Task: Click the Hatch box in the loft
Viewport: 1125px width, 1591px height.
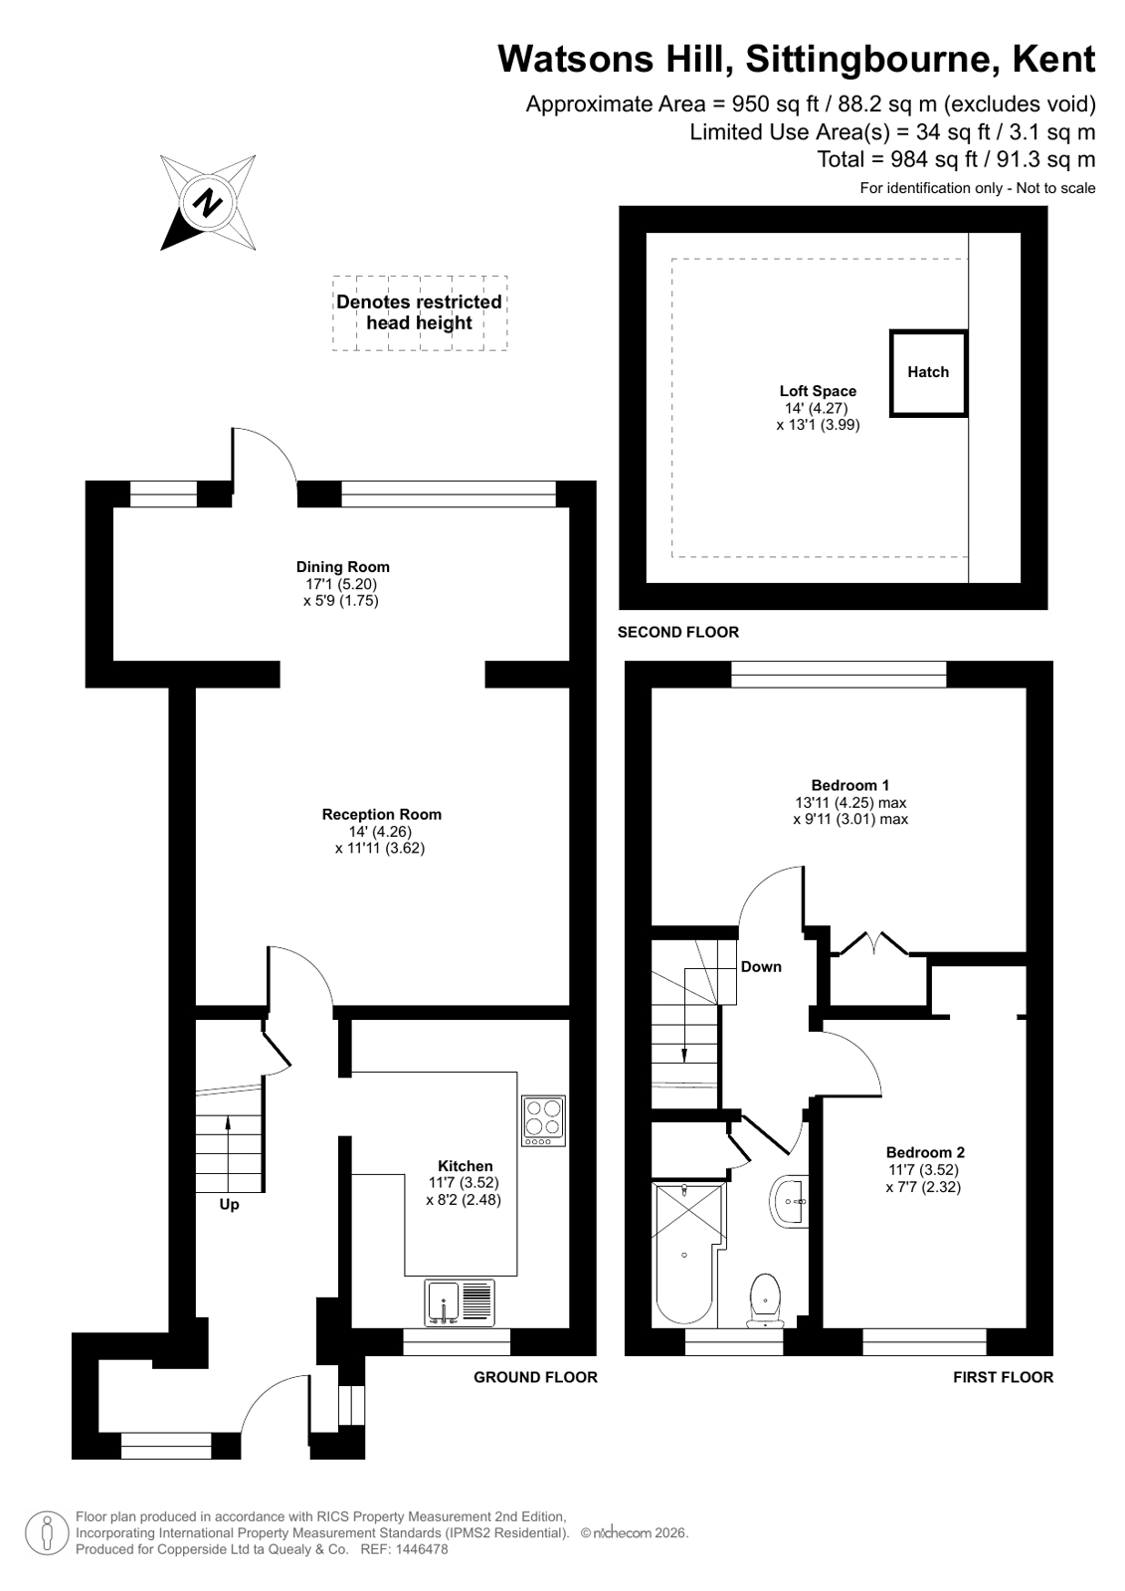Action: (x=928, y=373)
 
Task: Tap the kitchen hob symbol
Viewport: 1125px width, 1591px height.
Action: (x=543, y=1120)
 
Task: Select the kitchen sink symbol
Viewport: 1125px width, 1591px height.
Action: (x=460, y=1301)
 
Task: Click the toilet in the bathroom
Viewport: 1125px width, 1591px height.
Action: (x=765, y=1299)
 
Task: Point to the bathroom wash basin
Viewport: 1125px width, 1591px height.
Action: (x=789, y=1201)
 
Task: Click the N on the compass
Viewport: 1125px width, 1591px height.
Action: (x=207, y=202)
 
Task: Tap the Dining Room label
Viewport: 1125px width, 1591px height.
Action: (x=343, y=567)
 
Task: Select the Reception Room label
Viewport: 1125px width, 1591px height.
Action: (x=381, y=814)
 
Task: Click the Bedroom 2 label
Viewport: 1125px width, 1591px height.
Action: (x=925, y=1152)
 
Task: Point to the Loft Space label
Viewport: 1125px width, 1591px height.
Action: (x=818, y=391)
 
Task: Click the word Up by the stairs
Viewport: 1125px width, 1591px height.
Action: (x=229, y=1204)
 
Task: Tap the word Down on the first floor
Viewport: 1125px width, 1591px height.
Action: (x=761, y=967)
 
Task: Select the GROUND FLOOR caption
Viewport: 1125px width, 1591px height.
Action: (x=535, y=1377)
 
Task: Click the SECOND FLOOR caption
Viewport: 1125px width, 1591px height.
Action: (x=677, y=632)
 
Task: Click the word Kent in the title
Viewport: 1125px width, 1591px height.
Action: (x=1053, y=59)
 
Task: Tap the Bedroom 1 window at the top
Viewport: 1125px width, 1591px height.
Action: (x=839, y=674)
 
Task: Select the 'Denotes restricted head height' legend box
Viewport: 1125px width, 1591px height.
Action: (x=420, y=313)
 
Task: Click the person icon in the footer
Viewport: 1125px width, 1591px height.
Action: (x=48, y=1534)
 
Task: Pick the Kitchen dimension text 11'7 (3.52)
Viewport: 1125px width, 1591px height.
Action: (x=464, y=1183)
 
